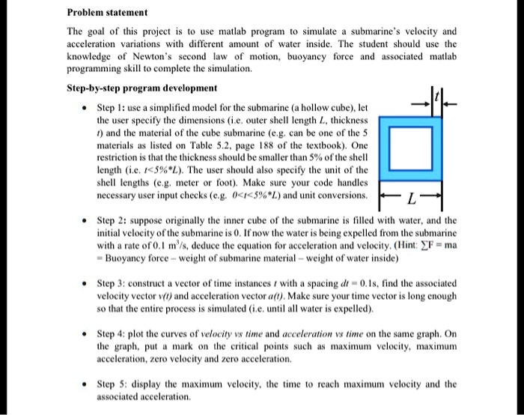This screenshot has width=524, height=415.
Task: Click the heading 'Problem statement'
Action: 107,13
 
